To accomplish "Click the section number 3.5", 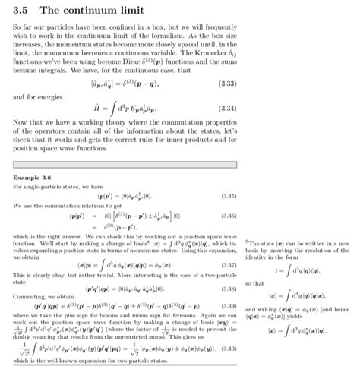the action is [22, 11].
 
